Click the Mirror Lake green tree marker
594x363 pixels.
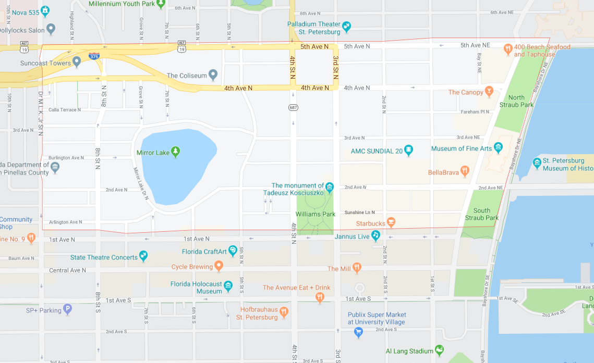click(176, 152)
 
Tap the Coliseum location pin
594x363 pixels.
click(213, 75)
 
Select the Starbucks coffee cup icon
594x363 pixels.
click(391, 222)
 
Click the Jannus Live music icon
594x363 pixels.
click(375, 236)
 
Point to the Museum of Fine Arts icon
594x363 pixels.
click(498, 148)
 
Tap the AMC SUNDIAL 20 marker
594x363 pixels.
click(409, 151)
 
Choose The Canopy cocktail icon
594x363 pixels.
click(489, 92)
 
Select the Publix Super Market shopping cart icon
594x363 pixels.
click(358, 332)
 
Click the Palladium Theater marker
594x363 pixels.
click(347, 26)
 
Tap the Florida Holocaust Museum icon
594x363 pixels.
click(228, 285)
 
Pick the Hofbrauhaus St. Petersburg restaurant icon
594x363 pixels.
click(284, 311)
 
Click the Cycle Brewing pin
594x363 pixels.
click(219, 266)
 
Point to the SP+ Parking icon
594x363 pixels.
click(67, 309)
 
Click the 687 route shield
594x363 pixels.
click(293, 107)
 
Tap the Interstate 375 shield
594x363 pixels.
click(94, 56)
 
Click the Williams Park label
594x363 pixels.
click(315, 214)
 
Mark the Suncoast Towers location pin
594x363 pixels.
click(77, 62)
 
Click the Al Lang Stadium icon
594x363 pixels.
click(439, 350)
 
